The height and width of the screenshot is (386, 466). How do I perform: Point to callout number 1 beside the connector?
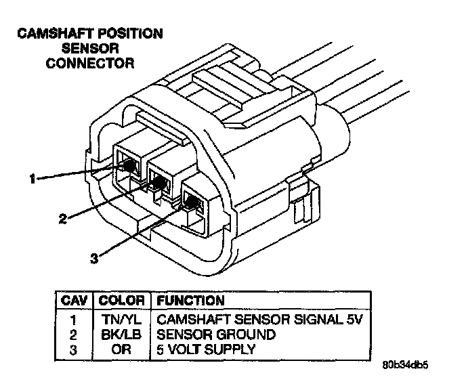tap(31, 179)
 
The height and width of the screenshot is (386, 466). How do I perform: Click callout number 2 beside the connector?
tap(62, 218)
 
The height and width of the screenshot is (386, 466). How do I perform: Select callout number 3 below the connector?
tap(94, 257)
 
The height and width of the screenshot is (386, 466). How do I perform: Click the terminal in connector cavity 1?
tap(129, 165)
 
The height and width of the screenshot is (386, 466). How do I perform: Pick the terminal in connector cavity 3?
tap(192, 202)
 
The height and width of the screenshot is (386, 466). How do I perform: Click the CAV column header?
tap(72, 299)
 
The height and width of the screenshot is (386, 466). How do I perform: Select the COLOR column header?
tap(122, 299)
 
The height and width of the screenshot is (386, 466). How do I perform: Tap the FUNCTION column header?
tap(190, 299)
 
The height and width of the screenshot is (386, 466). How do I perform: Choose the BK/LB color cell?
tap(122, 334)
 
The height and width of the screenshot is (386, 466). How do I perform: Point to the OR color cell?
tap(122, 349)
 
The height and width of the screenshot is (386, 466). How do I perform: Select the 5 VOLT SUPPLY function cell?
tap(206, 349)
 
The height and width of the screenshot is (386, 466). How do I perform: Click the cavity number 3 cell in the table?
tap(72, 349)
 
